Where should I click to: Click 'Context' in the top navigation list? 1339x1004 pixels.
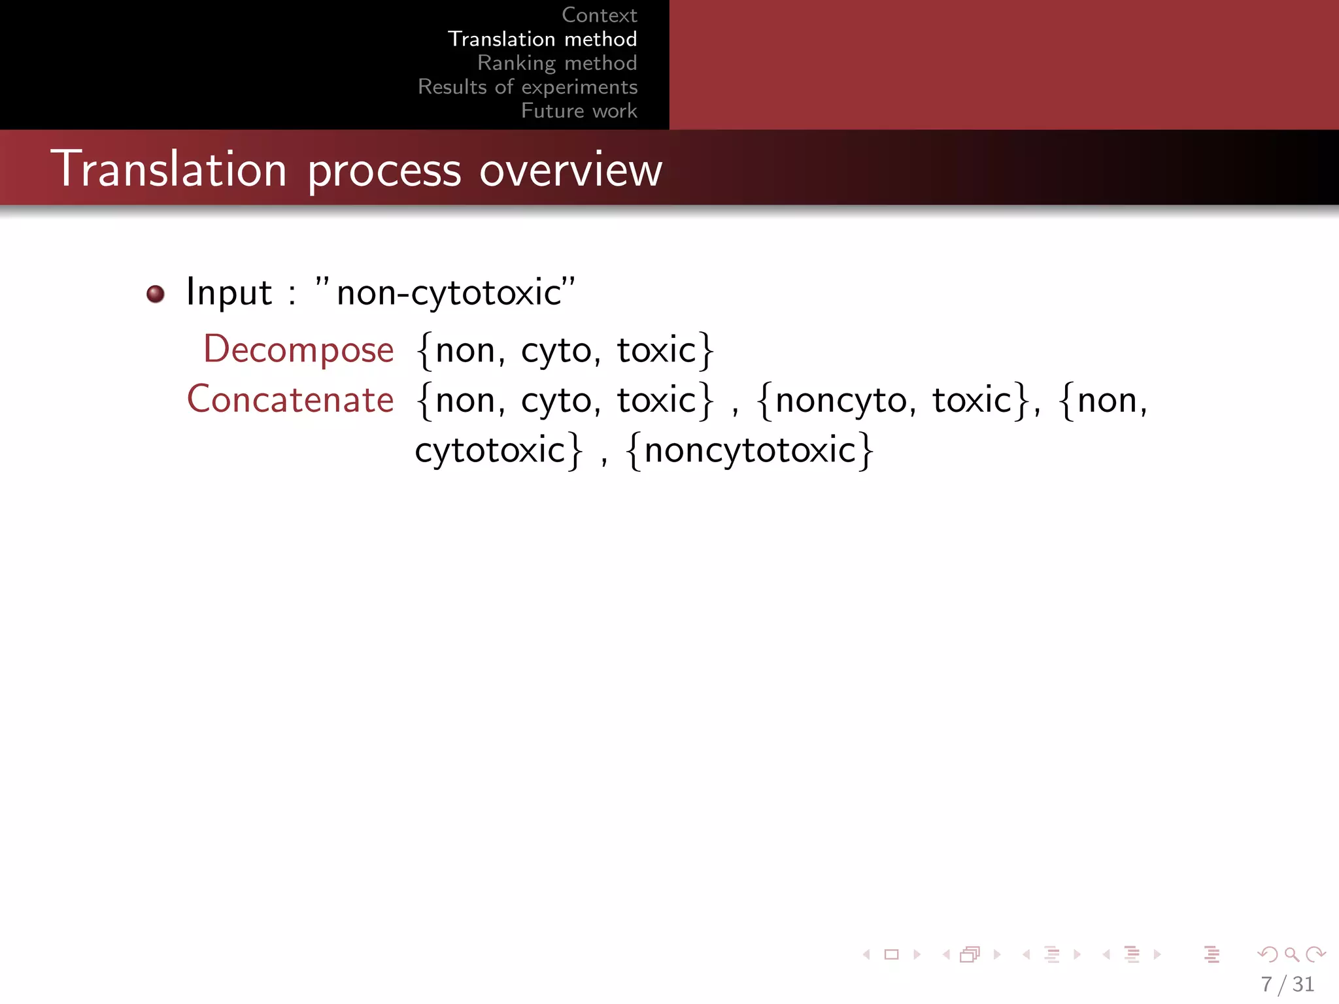[x=599, y=15]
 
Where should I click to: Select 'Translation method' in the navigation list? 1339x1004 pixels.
[x=542, y=39]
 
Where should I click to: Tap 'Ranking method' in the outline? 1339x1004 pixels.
[x=556, y=63]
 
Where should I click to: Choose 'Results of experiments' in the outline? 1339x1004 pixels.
[x=528, y=87]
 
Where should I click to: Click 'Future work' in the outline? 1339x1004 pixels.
[x=579, y=111]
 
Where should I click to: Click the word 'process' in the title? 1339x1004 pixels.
[x=384, y=172]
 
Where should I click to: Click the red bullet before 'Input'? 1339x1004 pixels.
[x=156, y=294]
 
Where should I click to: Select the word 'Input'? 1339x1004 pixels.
[x=229, y=292]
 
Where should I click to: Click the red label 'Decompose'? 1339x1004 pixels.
[x=299, y=350]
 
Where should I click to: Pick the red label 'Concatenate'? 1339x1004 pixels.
[x=290, y=399]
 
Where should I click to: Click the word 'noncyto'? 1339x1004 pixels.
[x=841, y=401]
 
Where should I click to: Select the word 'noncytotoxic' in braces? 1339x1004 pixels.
[x=750, y=450]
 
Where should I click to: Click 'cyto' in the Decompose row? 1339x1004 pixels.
[x=556, y=351]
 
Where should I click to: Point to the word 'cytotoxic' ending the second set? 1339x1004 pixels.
[x=490, y=450]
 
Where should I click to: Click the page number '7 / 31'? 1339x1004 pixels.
[x=1287, y=984]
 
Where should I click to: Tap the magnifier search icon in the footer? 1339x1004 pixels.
[x=1291, y=955]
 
